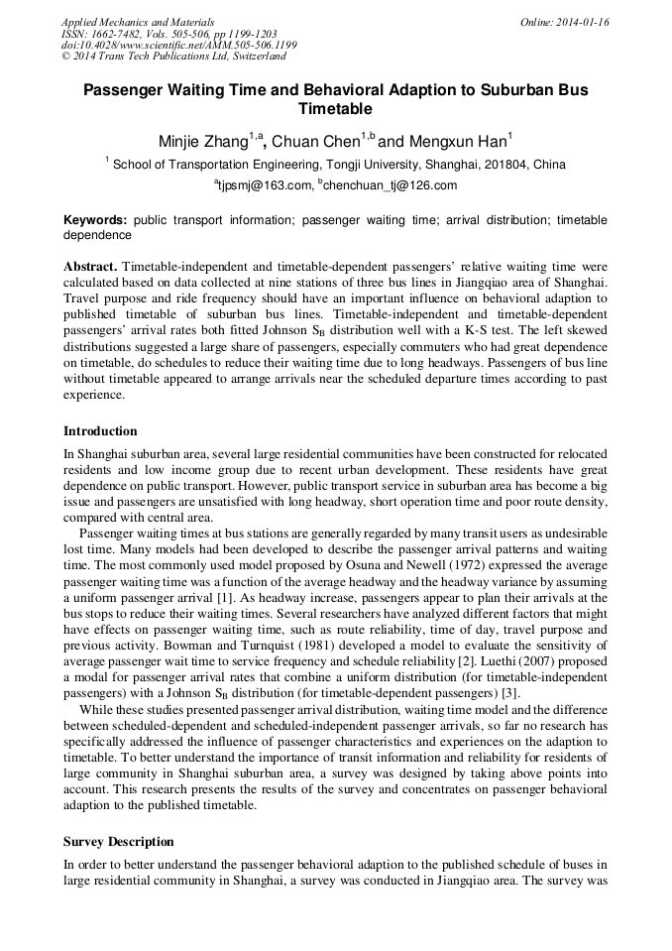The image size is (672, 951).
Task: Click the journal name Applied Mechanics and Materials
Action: point(137,22)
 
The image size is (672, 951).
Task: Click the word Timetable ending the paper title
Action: point(335,108)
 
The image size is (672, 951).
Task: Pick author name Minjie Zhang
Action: point(203,142)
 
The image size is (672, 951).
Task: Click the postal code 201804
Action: point(503,165)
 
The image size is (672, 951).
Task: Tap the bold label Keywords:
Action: point(95,219)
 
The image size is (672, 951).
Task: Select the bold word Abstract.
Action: point(90,268)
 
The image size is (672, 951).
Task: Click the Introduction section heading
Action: point(100,431)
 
